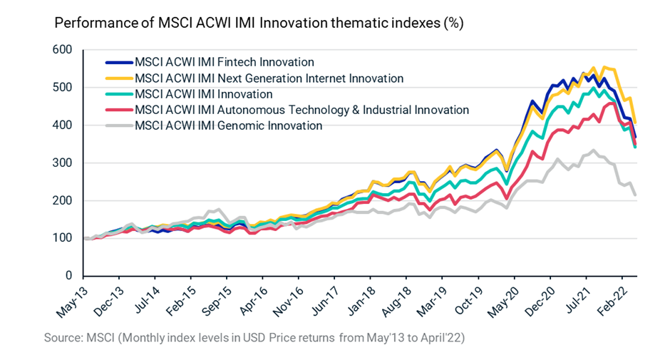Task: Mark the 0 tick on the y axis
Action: tap(70, 276)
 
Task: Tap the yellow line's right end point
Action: tap(634, 122)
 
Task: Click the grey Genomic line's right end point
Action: tap(634, 195)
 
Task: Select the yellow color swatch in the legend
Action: tap(118, 78)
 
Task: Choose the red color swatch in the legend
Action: tap(118, 110)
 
